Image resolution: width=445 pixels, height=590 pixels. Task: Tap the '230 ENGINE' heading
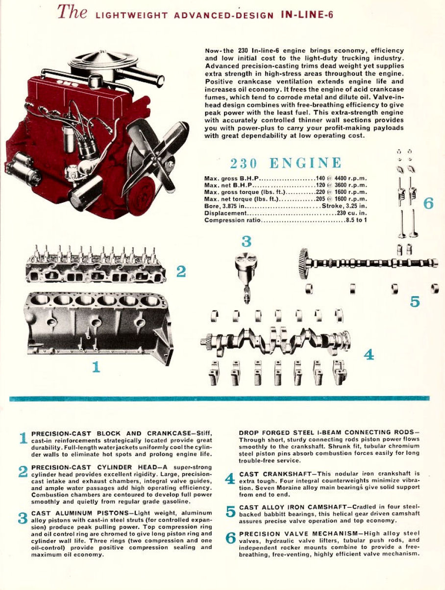(x=286, y=163)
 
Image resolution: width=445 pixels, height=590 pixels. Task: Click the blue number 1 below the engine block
(x=96, y=367)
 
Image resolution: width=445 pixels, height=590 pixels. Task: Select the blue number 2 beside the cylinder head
(x=181, y=271)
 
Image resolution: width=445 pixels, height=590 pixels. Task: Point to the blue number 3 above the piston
(x=247, y=241)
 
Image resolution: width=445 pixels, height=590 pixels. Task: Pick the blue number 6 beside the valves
(x=428, y=204)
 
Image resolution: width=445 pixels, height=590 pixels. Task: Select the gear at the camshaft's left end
(x=304, y=263)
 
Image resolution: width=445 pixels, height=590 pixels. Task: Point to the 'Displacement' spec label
(x=225, y=213)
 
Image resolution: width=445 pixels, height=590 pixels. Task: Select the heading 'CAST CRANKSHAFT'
(x=277, y=474)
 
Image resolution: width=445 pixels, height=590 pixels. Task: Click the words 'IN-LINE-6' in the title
(x=307, y=15)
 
